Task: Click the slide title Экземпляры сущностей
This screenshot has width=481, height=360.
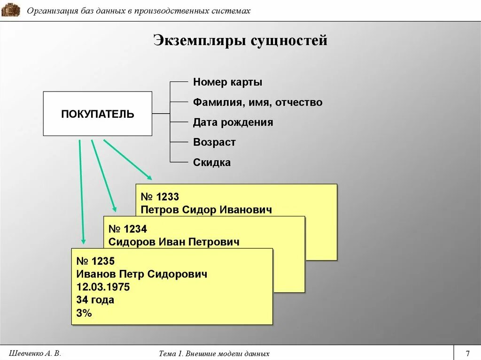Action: [x=240, y=41]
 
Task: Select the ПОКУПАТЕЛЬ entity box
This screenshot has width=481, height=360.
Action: [x=98, y=114]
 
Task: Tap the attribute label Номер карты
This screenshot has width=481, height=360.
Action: [x=227, y=83]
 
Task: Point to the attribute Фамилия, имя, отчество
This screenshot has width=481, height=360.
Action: [x=257, y=102]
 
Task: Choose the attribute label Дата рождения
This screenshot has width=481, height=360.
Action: [x=233, y=123]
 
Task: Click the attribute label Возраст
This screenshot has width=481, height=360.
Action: [x=214, y=143]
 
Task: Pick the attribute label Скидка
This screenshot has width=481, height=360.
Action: [x=212, y=163]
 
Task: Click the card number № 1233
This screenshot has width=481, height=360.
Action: [x=160, y=197]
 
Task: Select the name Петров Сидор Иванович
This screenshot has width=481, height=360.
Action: [x=206, y=210]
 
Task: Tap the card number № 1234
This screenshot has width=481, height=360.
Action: [x=128, y=229]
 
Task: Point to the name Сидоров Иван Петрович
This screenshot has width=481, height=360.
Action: [x=174, y=242]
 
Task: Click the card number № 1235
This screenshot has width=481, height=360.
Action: [x=95, y=261]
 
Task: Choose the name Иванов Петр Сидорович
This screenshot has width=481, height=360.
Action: [x=141, y=274]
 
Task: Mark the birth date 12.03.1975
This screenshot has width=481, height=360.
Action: [x=103, y=287]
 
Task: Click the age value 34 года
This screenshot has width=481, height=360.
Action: [x=95, y=300]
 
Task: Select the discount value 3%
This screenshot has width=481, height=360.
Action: [x=84, y=313]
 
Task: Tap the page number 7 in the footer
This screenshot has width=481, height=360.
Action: [x=467, y=353]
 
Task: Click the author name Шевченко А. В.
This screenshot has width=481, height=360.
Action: [x=35, y=353]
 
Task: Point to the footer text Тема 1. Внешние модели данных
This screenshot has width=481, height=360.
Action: [x=214, y=353]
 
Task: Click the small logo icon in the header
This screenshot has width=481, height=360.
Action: [x=11, y=9]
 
